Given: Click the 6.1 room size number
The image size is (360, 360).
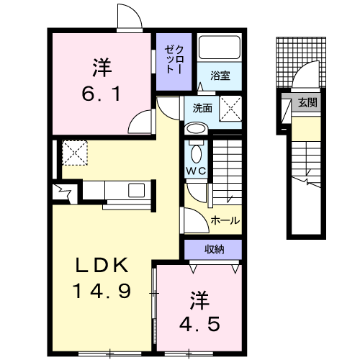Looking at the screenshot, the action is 101,94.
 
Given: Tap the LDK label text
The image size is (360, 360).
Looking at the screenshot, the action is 102,265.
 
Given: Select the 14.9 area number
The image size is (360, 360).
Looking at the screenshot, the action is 102,291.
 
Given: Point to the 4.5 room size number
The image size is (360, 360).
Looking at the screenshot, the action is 199,323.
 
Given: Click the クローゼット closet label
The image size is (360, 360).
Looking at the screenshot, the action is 174,60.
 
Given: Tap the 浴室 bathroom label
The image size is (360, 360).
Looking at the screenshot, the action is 220,76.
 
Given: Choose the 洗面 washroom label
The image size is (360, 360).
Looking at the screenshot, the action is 202,108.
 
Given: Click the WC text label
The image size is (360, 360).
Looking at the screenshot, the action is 196,171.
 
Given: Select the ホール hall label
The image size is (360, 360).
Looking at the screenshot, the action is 225,220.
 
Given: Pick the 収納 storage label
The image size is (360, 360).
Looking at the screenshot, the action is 215,250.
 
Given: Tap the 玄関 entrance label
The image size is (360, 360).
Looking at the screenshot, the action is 307,102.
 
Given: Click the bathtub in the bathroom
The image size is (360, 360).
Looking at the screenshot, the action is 220,48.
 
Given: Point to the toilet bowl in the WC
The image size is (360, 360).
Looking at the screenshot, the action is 196,153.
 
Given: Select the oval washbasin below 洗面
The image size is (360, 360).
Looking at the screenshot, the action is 196,128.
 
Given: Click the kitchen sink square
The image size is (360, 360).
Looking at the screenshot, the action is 136,190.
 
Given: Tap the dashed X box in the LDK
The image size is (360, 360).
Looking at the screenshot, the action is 75,153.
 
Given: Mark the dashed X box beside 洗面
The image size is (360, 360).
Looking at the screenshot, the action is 230,108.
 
